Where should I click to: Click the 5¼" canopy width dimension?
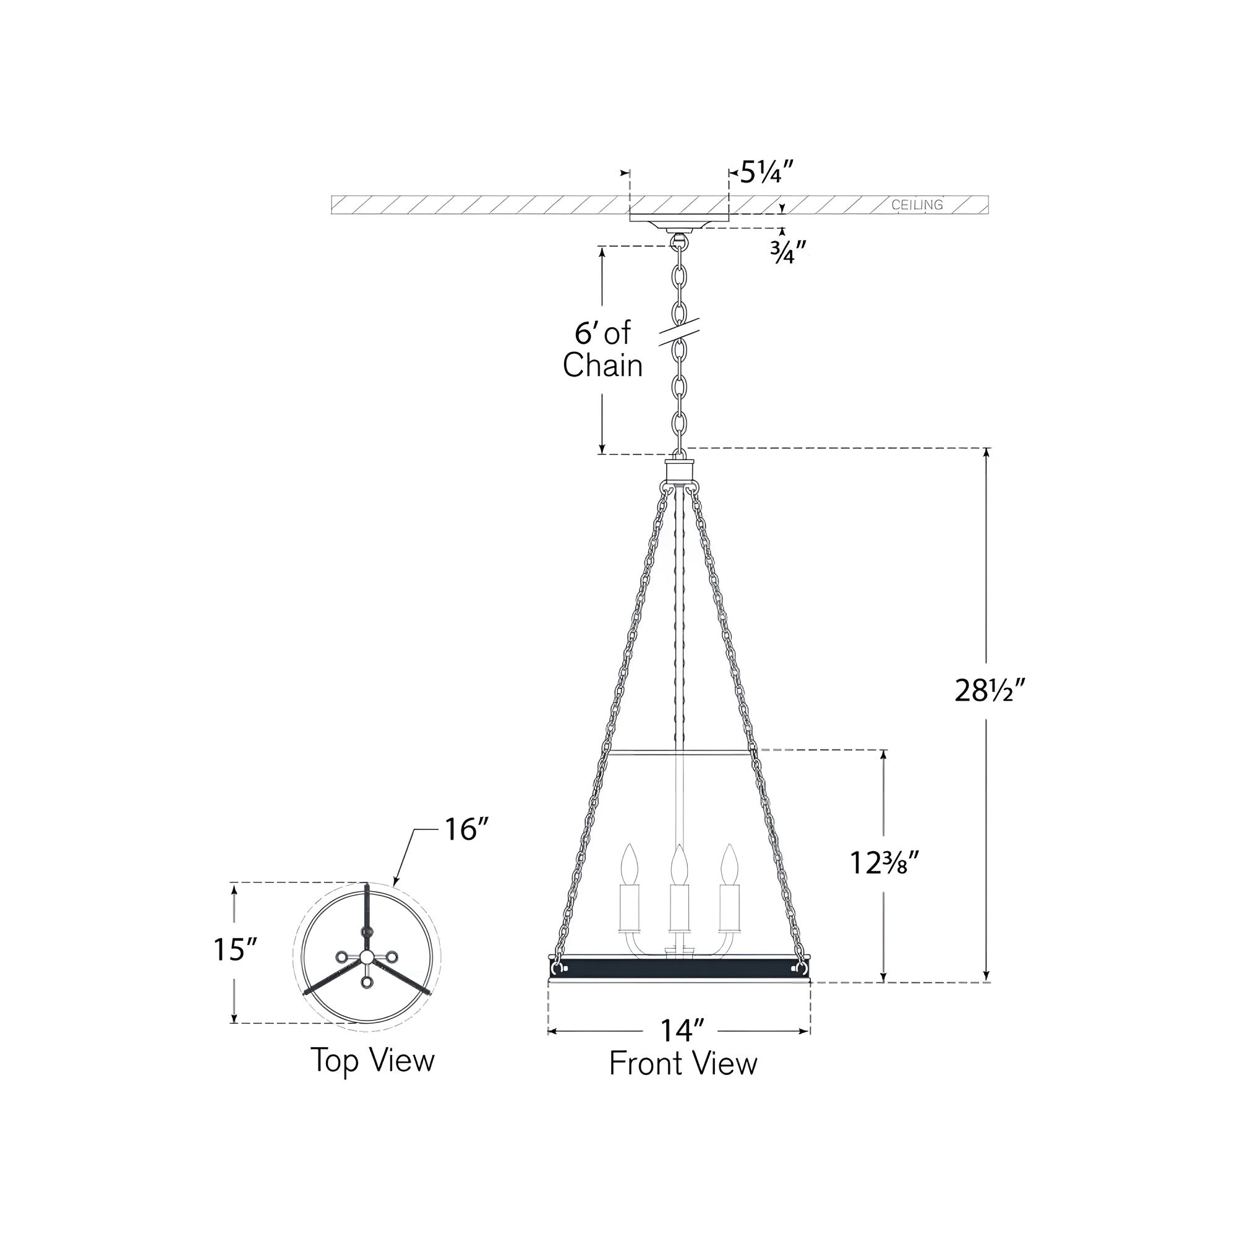768,173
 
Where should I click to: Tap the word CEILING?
917,205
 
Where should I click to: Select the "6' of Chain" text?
602,349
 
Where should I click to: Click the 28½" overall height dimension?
990,691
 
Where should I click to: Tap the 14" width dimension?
682,1031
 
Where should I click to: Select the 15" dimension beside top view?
235,949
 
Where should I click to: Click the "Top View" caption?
372,1061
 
